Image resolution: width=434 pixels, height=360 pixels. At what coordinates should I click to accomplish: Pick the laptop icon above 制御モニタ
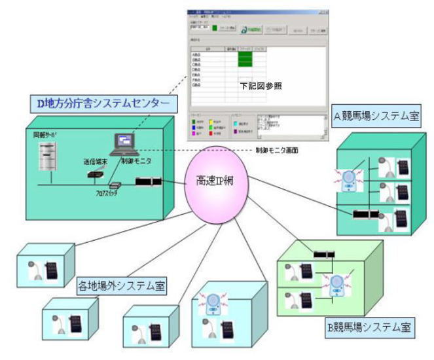click(124, 143)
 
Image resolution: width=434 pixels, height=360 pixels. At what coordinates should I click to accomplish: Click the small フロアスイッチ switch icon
click(115, 185)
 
